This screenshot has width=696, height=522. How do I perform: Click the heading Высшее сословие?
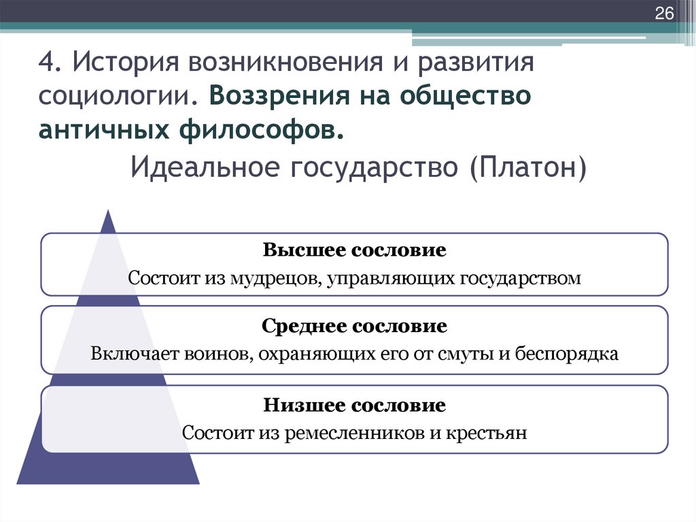[x=354, y=250]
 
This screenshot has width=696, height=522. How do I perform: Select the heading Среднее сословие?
[x=354, y=326]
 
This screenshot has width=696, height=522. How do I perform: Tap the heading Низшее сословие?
[x=354, y=406]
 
